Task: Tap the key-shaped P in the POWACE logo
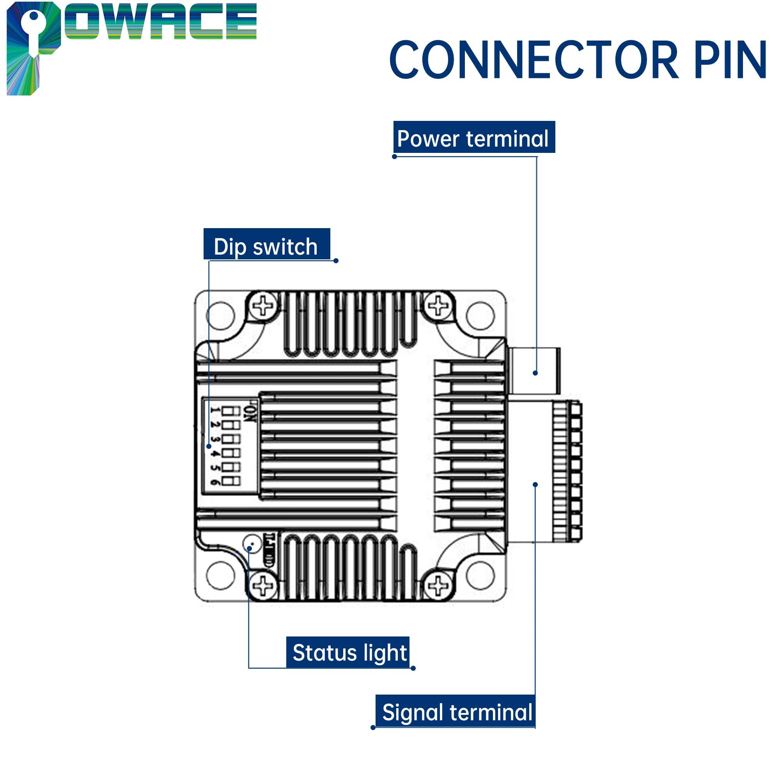[x=33, y=46]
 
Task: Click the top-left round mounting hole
[x=220, y=315]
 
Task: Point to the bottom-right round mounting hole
[x=480, y=575]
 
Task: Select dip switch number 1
[x=231, y=411]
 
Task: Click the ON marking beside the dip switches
[x=250, y=412]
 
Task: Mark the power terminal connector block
[x=534, y=370]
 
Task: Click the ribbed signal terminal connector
[x=567, y=471]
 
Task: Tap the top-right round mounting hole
[x=480, y=315]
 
